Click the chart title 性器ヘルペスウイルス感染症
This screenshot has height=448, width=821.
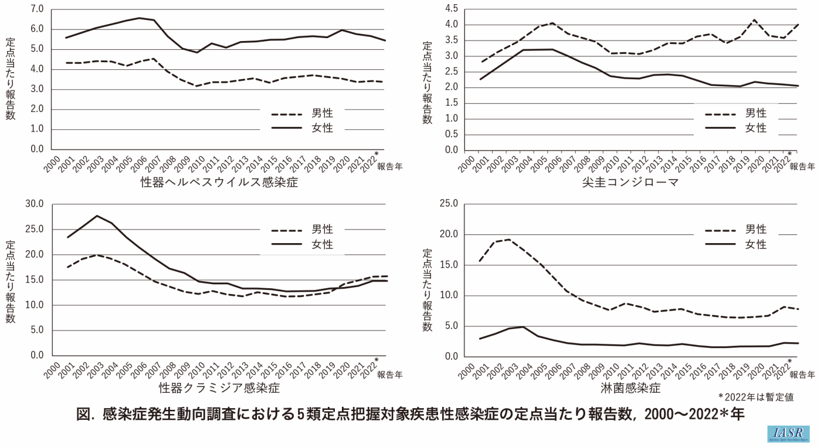[x=219, y=182]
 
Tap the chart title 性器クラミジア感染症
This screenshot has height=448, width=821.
[x=219, y=388]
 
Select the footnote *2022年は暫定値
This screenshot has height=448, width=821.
[x=756, y=398]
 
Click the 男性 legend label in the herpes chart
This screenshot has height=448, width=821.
[x=320, y=113]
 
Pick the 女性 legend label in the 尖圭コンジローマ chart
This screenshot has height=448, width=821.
[x=756, y=128]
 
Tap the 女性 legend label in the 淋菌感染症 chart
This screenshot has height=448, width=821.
[x=756, y=245]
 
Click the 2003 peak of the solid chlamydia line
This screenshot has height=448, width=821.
[x=97, y=215]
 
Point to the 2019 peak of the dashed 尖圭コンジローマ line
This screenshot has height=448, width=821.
[x=754, y=20]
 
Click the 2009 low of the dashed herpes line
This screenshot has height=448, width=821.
[x=198, y=86]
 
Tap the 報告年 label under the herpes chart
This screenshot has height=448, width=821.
[x=390, y=166]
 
